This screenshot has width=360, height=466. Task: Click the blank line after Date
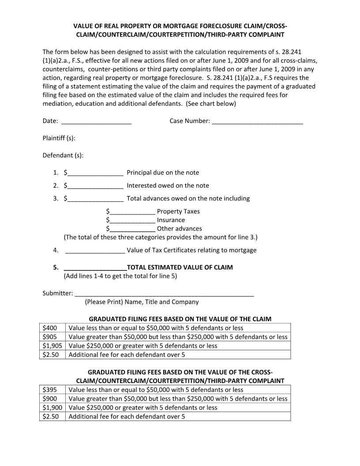(96, 121)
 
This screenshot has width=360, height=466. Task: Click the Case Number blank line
(257, 121)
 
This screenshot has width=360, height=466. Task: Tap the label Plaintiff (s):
(59, 138)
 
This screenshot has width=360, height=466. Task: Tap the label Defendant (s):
(63, 155)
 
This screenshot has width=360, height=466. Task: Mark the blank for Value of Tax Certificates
(95, 251)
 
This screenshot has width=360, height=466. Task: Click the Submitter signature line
(164, 293)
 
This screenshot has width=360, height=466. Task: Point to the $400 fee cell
(52, 328)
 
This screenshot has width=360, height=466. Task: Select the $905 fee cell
(52, 337)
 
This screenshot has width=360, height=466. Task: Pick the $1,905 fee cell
(52, 346)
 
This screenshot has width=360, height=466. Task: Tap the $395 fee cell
(52, 390)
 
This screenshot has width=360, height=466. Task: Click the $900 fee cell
(52, 398)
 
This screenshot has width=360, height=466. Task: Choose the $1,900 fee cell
(52, 408)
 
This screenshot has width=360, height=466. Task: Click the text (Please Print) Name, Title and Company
(142, 302)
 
